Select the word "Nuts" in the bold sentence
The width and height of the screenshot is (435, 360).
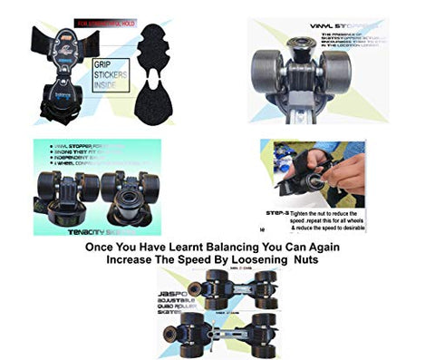point(306,259)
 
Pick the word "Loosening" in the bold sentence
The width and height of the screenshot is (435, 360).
point(258,259)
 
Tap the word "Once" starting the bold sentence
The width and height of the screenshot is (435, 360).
point(101,246)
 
